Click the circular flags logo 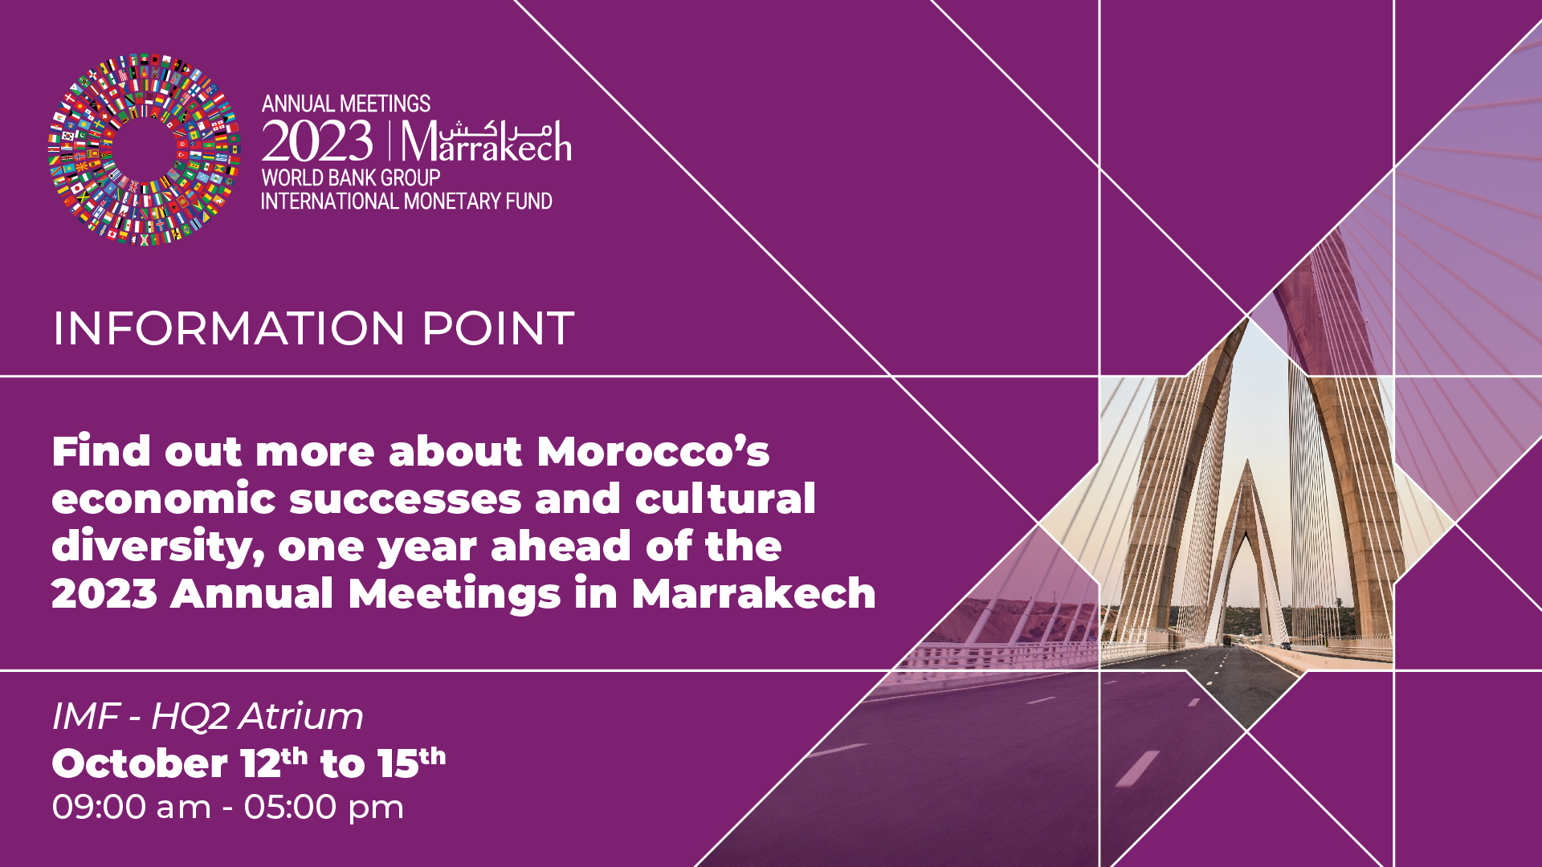(144, 149)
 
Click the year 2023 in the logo (317, 142)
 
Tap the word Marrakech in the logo (486, 144)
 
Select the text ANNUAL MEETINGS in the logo (345, 104)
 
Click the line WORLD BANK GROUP (350, 177)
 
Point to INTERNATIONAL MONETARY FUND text (406, 201)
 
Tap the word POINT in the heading (498, 328)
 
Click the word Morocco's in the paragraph (653, 451)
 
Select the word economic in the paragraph (164, 499)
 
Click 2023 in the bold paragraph (104, 594)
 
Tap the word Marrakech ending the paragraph (753, 594)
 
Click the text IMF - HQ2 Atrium (207, 716)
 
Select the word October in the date (140, 763)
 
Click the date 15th (411, 763)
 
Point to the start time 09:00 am (132, 807)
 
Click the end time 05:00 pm (324, 807)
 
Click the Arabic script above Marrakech (496, 128)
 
